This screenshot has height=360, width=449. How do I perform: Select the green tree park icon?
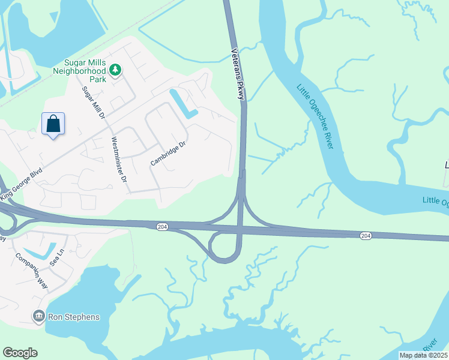(115, 71)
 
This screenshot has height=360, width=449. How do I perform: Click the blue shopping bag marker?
(53, 124)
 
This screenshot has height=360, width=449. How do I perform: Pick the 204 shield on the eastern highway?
(366, 236)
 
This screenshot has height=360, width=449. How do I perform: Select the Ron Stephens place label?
(74, 316)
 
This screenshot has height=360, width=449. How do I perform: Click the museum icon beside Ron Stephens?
(39, 316)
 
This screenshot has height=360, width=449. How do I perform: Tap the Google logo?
(20, 353)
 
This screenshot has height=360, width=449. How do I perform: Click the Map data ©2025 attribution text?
(423, 355)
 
